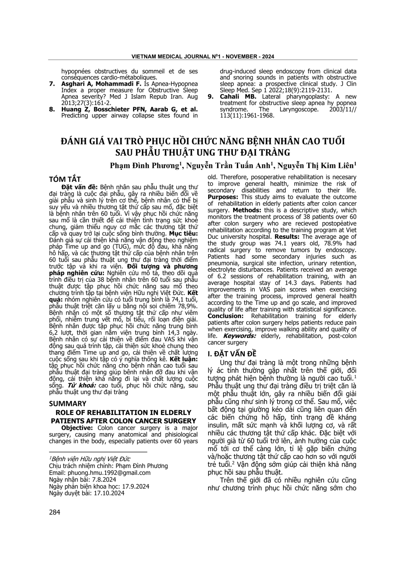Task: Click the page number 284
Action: (54, 512)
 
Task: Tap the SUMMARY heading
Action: (67, 403)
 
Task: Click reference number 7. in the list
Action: (53, 84)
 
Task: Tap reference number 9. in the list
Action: (211, 96)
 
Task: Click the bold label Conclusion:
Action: (226, 316)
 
